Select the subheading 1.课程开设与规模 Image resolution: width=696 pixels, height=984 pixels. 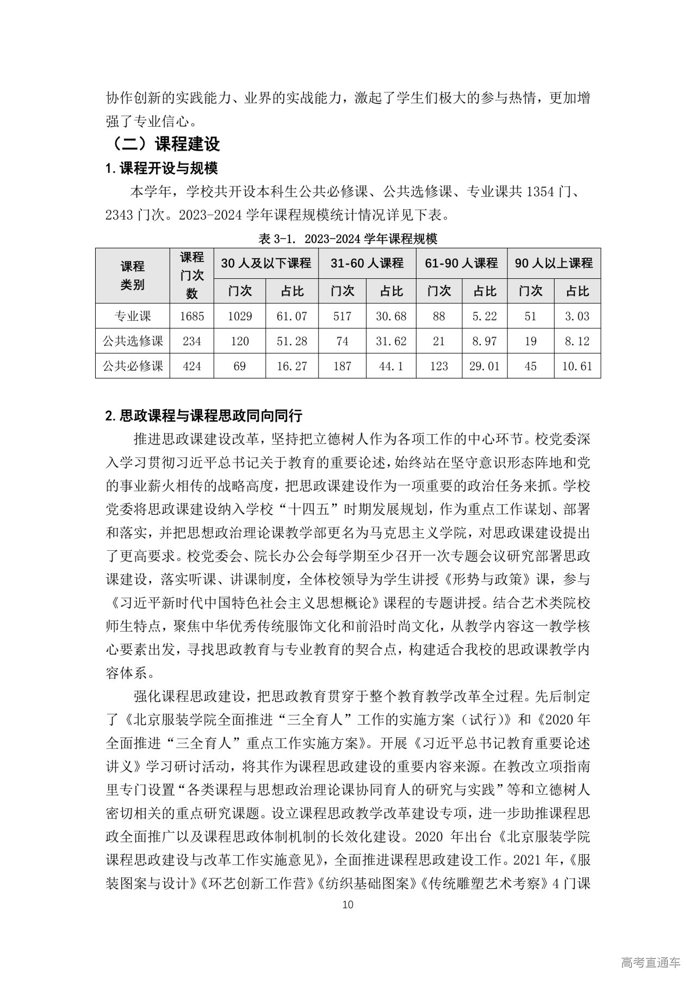pyautogui.click(x=161, y=169)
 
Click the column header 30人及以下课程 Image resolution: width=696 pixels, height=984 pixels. pyautogui.click(x=266, y=263)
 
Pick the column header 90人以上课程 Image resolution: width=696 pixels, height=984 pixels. pyautogui.click(x=554, y=263)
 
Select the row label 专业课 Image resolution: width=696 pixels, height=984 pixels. pyautogui.click(x=133, y=316)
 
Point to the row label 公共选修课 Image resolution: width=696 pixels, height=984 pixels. pyautogui.click(x=133, y=341)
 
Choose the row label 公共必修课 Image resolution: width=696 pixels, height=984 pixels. pyautogui.click(x=133, y=366)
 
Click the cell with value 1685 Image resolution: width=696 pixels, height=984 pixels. pyautogui.click(x=192, y=316)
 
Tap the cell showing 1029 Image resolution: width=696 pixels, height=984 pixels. pyautogui.click(x=240, y=316)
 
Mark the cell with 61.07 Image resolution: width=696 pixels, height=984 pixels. pyautogui.click(x=292, y=316)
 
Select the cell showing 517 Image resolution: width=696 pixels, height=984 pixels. pyautogui.click(x=342, y=316)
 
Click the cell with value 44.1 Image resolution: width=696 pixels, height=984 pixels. pyautogui.click(x=391, y=366)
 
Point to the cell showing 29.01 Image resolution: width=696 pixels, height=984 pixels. pyautogui.click(x=484, y=366)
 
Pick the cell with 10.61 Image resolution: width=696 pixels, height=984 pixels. pyautogui.click(x=577, y=366)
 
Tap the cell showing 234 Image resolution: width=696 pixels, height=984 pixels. pyautogui.click(x=192, y=341)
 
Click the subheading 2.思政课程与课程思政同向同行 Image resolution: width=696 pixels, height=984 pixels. pyautogui.click(x=204, y=416)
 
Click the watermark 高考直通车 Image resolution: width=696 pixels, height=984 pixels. pyautogui.click(x=650, y=963)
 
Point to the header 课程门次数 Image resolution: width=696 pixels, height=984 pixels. pyautogui.click(x=192, y=276)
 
